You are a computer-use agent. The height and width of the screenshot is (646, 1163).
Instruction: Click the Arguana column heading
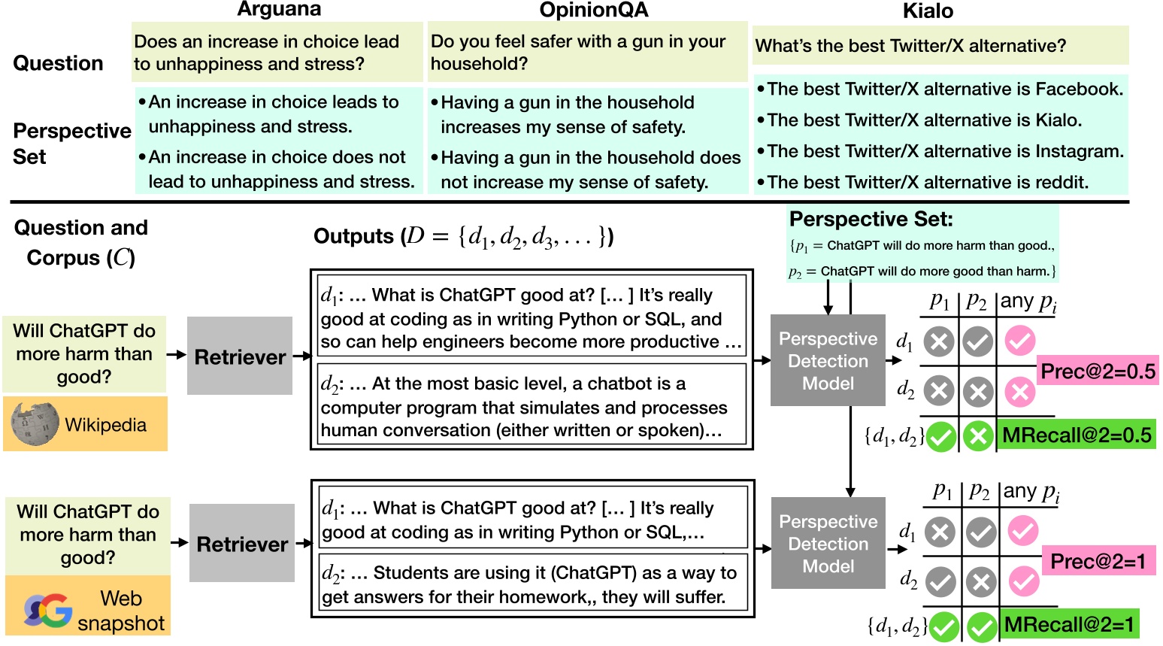[x=279, y=9]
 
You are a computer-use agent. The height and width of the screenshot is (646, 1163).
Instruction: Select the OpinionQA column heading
[x=594, y=10]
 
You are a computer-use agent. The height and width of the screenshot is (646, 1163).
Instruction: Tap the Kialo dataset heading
[x=928, y=11]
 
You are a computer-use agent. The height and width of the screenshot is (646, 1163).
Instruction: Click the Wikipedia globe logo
[x=35, y=423]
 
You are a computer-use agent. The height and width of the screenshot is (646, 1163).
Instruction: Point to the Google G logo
[x=48, y=611]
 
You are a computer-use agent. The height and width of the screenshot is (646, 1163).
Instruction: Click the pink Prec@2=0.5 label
[x=1098, y=371]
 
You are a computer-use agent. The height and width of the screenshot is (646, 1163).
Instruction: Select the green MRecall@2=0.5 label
[x=1076, y=435]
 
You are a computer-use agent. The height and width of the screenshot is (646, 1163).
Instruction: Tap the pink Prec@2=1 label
[x=1098, y=561]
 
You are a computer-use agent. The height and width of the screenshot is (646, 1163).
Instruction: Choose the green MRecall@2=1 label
[x=1068, y=624]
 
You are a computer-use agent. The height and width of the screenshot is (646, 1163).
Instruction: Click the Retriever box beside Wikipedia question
[x=240, y=356]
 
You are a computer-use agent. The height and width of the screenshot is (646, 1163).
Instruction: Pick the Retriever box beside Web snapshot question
[x=242, y=543]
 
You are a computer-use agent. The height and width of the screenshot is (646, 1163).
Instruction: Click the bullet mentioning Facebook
[x=940, y=89]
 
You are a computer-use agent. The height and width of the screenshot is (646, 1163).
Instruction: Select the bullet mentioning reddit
[x=922, y=182]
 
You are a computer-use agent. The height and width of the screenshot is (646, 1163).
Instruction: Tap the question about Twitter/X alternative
[x=910, y=46]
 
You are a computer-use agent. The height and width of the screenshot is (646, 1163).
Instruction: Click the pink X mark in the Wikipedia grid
[x=1019, y=392]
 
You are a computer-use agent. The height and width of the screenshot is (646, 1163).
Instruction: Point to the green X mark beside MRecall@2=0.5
[x=978, y=436]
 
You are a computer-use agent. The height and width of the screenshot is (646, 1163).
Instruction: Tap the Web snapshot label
[x=121, y=611]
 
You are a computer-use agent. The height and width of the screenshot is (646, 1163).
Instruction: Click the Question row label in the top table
[x=58, y=63]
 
